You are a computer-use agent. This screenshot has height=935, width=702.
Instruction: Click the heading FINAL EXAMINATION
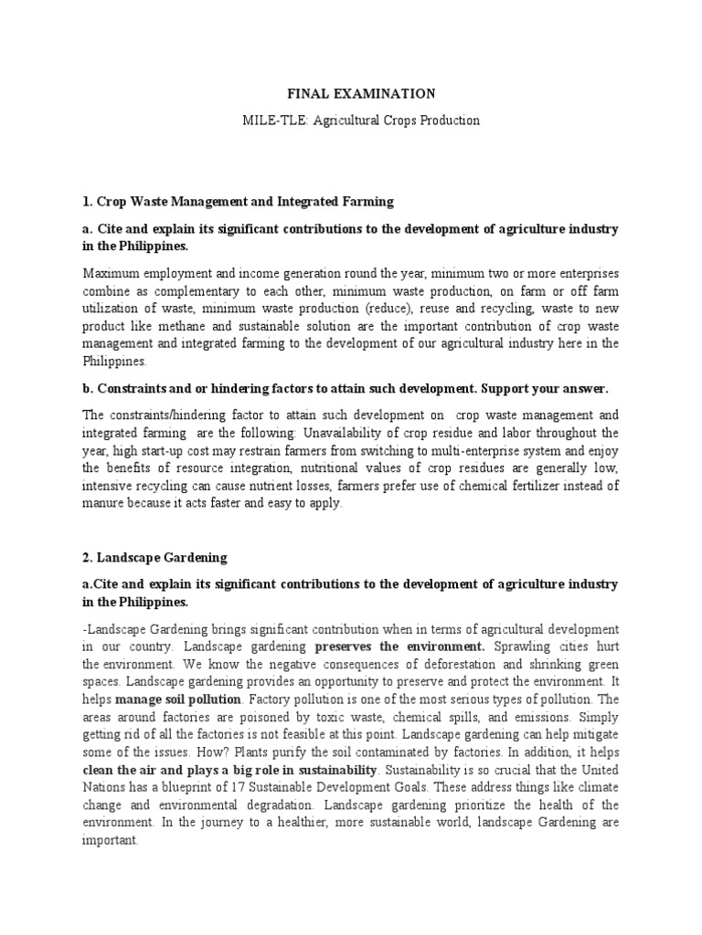[x=350, y=93]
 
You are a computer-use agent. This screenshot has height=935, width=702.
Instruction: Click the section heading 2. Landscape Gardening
[x=154, y=556]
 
